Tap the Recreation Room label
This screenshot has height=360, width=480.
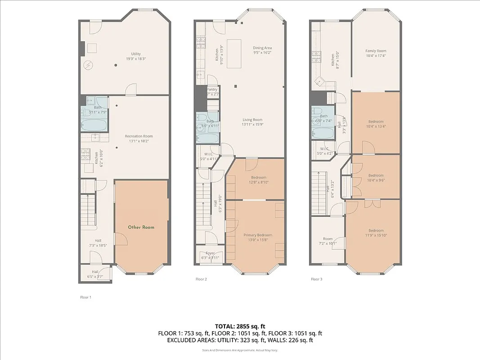click(x=139, y=136)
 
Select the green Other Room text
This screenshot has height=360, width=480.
click(x=141, y=227)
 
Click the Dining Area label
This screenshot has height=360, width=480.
click(x=262, y=48)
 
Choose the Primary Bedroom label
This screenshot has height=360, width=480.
click(x=258, y=235)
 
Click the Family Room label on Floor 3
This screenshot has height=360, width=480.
click(x=376, y=51)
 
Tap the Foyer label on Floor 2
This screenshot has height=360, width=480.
click(x=210, y=253)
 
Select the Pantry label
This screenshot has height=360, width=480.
click(x=212, y=90)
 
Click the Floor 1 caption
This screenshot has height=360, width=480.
click(x=85, y=297)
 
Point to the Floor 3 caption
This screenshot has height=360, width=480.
click(x=317, y=279)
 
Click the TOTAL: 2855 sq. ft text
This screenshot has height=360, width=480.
click(x=240, y=326)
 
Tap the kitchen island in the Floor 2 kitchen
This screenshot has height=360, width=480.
click(x=233, y=53)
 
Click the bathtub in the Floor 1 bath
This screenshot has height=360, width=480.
click(x=95, y=125)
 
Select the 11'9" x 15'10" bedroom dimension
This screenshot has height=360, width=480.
click(x=376, y=235)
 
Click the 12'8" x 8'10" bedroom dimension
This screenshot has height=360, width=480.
click(x=259, y=182)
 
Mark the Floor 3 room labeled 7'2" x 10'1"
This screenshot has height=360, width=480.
click(x=327, y=241)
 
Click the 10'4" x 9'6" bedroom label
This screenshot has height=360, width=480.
click(x=376, y=178)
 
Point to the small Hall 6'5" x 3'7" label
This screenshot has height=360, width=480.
click(x=95, y=274)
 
